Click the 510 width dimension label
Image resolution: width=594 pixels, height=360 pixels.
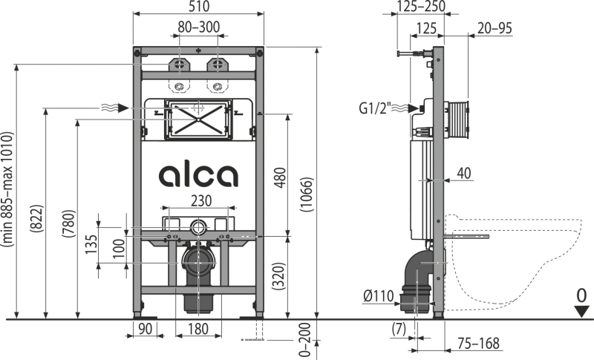(x=198, y=7)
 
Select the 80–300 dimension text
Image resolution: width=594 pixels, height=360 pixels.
(x=199, y=27)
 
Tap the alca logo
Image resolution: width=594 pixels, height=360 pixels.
(x=198, y=175)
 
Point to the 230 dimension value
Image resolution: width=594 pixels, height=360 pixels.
(x=200, y=200)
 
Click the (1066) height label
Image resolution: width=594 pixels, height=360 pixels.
(x=307, y=194)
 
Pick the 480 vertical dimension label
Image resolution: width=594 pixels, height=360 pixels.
(x=280, y=177)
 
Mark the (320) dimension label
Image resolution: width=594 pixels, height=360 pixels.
(x=279, y=276)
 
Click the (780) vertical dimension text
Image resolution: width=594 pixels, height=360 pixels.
(x=68, y=223)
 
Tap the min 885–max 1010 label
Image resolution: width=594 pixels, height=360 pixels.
(x=7, y=189)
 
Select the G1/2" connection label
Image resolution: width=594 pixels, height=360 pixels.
(x=374, y=108)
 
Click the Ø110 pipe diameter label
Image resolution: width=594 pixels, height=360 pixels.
(x=379, y=295)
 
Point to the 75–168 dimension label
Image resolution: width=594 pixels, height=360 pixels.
(x=478, y=344)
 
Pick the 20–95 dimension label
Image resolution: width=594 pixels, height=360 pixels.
(x=495, y=28)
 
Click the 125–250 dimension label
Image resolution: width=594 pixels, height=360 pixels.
(x=422, y=6)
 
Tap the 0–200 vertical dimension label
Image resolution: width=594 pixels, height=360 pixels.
(x=305, y=340)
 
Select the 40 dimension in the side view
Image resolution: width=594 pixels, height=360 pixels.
(x=463, y=173)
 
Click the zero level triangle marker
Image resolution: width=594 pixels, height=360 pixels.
(x=581, y=312)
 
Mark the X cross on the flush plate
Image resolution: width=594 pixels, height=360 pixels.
(x=198, y=120)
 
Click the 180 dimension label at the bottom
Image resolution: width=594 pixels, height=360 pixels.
(x=198, y=329)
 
